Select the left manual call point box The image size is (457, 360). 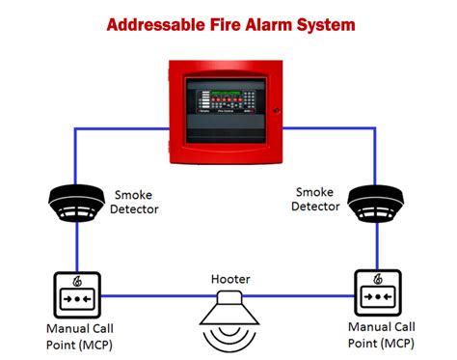click(x=76, y=294)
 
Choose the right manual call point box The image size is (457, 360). click(x=379, y=293)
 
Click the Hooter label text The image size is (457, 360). click(x=230, y=280)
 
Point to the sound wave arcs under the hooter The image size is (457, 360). click(x=229, y=338)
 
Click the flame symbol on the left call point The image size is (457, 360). click(x=76, y=281)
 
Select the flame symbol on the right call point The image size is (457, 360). click(x=379, y=280)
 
